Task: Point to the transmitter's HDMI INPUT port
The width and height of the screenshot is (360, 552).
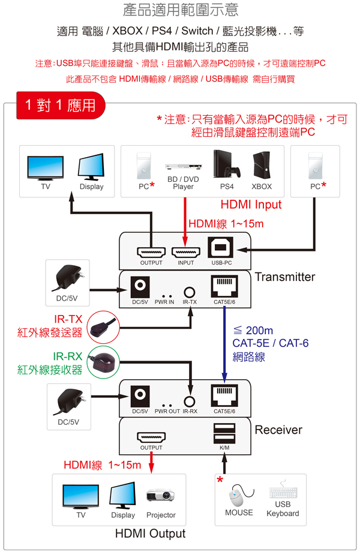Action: click(185, 252)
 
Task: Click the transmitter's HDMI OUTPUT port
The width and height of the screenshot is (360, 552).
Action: click(151, 252)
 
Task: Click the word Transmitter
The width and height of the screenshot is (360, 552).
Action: click(284, 277)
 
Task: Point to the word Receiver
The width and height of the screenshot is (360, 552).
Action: click(278, 430)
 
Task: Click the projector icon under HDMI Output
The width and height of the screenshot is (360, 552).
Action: click(160, 496)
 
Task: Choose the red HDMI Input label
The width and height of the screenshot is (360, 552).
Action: click(251, 205)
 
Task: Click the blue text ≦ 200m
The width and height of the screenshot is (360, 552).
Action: click(253, 331)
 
